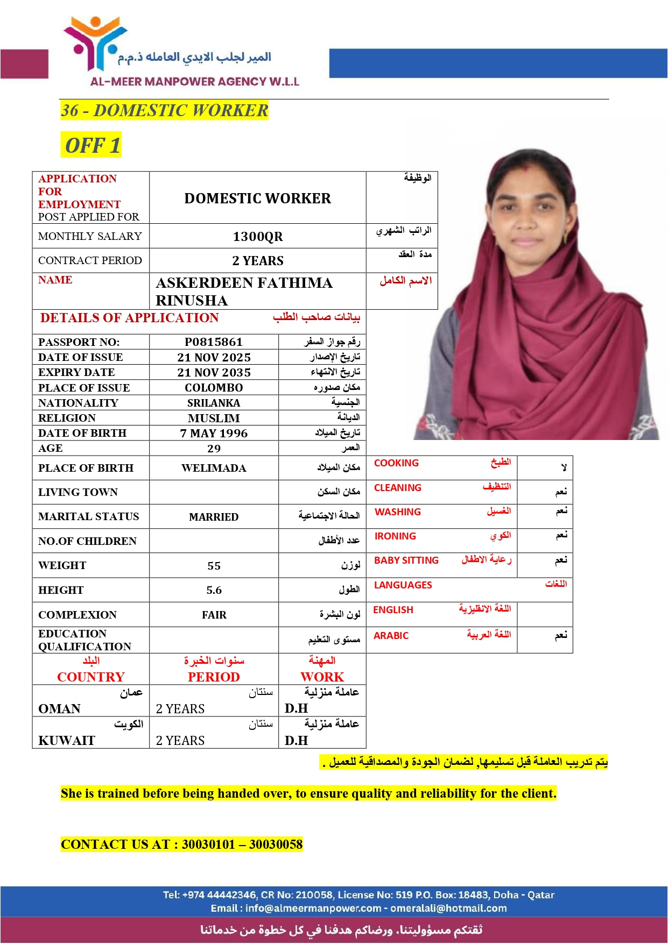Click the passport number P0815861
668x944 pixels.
[214, 342]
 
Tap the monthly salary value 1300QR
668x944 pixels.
[257, 237]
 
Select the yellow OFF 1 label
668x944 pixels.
[92, 145]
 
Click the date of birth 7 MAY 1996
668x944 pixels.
[214, 434]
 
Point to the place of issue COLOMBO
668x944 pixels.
[214, 388]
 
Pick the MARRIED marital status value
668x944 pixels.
[214, 517]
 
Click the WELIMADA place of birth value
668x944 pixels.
[214, 469]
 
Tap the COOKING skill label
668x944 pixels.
[396, 463]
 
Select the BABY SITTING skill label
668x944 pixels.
[406, 560]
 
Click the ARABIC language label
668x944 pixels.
[391, 636]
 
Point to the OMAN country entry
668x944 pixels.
[59, 709]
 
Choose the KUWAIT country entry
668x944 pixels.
[66, 741]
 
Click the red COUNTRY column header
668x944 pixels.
[91, 677]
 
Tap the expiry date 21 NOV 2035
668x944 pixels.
[214, 373]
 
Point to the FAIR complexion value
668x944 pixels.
[214, 615]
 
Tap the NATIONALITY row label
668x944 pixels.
[78, 403]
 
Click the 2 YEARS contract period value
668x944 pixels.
[257, 261]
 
